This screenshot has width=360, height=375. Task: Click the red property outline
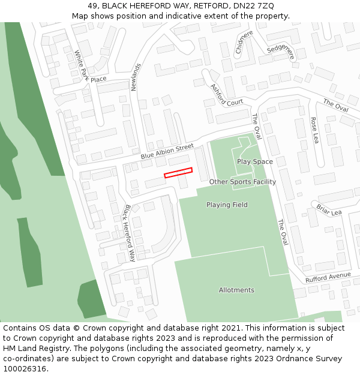click(x=178, y=172)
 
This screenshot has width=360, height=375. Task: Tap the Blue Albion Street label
click(x=167, y=151)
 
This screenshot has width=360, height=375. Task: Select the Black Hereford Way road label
click(x=129, y=233)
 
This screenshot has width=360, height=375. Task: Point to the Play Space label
click(x=254, y=161)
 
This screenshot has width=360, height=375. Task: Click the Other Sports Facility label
click(x=242, y=182)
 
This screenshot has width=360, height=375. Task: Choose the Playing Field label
click(x=227, y=205)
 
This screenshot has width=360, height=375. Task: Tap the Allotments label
click(x=236, y=290)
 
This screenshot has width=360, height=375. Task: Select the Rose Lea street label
click(x=314, y=130)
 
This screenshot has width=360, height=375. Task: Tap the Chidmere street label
click(x=244, y=42)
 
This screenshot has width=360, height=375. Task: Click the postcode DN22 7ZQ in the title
click(x=254, y=5)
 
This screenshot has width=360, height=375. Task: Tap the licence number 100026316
click(x=25, y=369)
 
